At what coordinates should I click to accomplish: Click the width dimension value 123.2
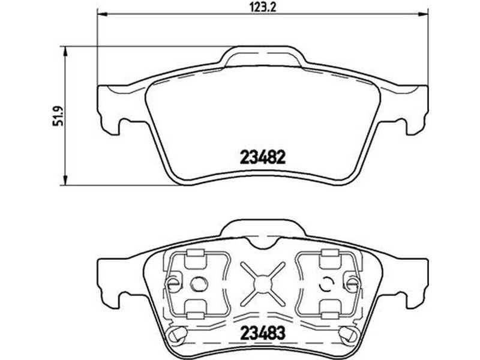263,7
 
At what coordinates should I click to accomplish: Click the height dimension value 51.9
58,116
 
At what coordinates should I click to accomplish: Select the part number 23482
263,158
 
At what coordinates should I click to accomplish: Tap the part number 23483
263,333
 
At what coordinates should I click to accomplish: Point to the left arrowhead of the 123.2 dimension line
101,14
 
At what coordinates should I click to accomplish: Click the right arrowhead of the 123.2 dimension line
424,14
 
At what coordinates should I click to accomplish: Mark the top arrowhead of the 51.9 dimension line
65,52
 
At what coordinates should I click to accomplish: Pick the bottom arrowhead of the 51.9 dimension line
65,181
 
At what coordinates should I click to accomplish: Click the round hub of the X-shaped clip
263,284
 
